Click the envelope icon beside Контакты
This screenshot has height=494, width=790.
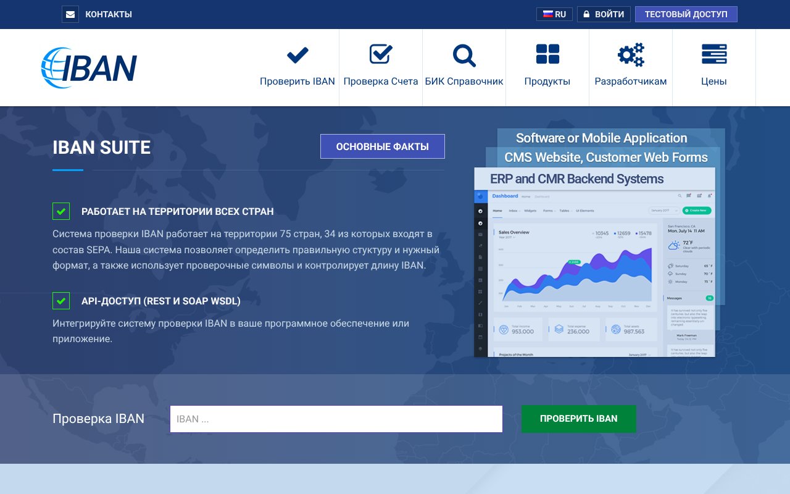click(x=70, y=14)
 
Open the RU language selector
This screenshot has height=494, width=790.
click(x=554, y=14)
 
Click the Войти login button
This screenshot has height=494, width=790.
click(x=604, y=14)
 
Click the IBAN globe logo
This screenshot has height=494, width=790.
click(x=89, y=67)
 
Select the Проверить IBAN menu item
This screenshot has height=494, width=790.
click(x=297, y=68)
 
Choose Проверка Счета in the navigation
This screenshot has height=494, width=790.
click(x=381, y=68)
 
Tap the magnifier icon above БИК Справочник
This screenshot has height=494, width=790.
click(x=464, y=56)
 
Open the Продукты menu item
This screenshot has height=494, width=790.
click(x=547, y=68)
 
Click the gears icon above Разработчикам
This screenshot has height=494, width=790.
click(x=631, y=56)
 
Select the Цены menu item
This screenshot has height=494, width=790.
click(x=714, y=68)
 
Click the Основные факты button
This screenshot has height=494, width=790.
click(x=382, y=146)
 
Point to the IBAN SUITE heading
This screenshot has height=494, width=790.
click(x=102, y=148)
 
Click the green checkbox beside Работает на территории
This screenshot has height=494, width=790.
click(x=61, y=211)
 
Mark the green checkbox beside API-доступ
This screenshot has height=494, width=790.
click(x=61, y=301)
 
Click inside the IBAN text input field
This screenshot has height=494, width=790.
click(x=336, y=419)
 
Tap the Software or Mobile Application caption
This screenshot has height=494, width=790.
click(x=601, y=138)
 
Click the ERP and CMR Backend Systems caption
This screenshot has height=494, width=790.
click(x=576, y=179)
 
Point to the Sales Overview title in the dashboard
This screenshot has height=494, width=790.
click(x=514, y=232)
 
